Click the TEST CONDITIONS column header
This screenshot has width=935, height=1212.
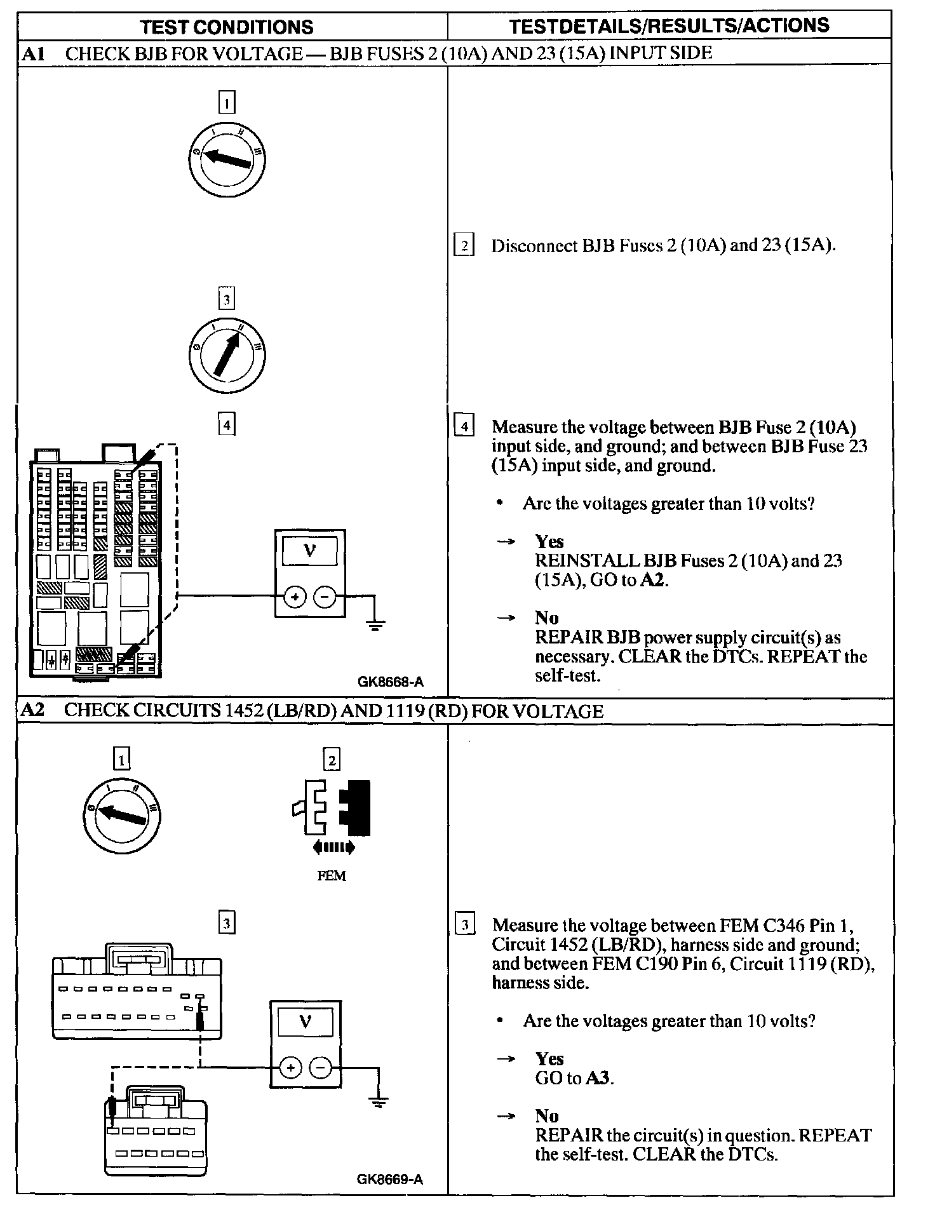click(227, 27)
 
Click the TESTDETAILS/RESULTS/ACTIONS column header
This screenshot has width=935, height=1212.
click(669, 25)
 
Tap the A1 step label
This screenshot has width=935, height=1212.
click(31, 53)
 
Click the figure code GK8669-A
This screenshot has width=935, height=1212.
click(390, 1180)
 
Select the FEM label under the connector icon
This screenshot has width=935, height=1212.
click(332, 876)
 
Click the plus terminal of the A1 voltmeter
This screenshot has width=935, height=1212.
click(295, 596)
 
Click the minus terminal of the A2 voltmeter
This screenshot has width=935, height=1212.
click(320, 1068)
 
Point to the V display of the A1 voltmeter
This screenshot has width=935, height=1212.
click(310, 551)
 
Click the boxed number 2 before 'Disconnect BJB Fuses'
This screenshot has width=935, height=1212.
click(464, 245)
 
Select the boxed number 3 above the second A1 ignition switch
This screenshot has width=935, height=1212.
click(227, 299)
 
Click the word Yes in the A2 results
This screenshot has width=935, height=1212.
click(549, 1059)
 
